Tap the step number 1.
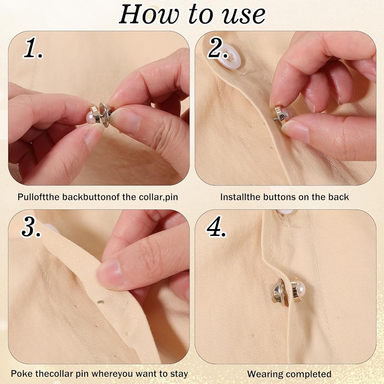pyautogui.click(x=33, y=48)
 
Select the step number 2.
pyautogui.click(x=218, y=48)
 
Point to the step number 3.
pyautogui.click(x=31, y=227)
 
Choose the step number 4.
pyautogui.click(x=217, y=227)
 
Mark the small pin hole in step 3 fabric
pyautogui.click(x=99, y=302)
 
